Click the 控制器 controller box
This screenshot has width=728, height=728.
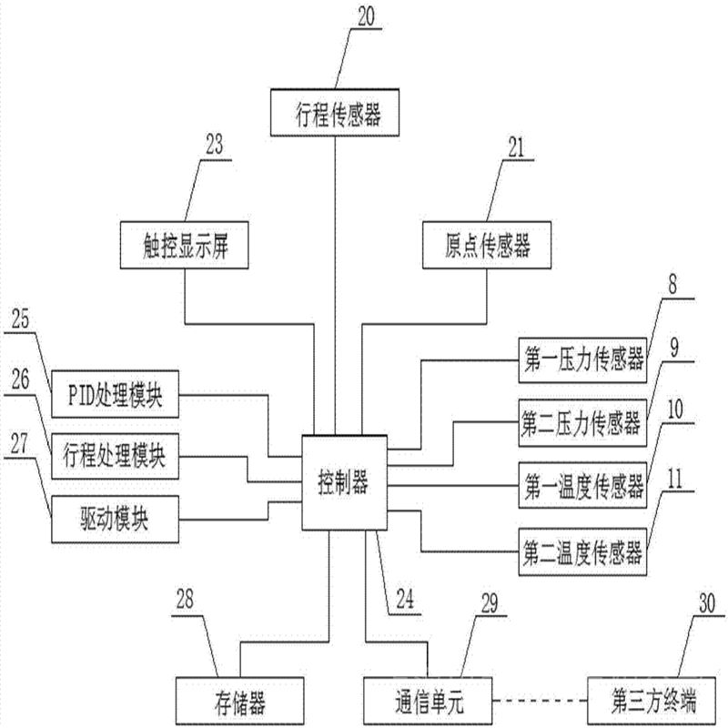344,483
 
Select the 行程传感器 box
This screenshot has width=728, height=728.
338,115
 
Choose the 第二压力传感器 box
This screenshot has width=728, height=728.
582,421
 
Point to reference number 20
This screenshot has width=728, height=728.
365,16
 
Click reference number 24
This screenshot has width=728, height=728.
402,600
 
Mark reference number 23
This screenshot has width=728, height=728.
215,144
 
